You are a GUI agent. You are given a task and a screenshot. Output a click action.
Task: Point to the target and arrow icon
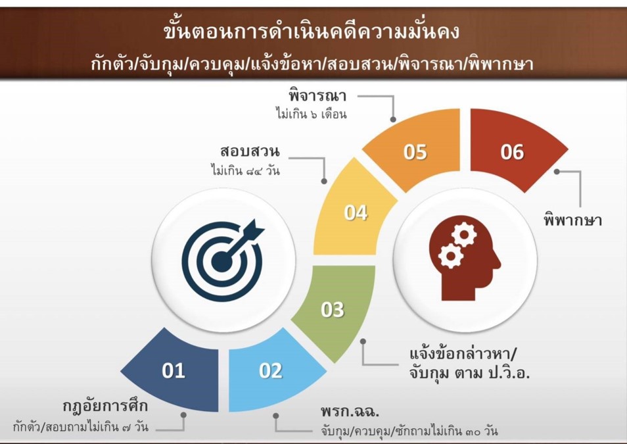click(223, 260)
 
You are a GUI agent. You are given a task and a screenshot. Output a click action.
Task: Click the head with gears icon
click(465, 261)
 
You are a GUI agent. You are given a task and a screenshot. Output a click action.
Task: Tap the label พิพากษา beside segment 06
click(572, 220)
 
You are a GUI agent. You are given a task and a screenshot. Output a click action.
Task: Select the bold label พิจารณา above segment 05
click(317, 96)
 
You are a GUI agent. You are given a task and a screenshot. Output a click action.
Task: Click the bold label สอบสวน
click(250, 152)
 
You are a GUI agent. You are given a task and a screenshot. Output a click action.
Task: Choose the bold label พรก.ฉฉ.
click(350, 411)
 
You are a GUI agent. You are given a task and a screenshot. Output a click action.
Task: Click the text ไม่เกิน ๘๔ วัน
click(246, 171)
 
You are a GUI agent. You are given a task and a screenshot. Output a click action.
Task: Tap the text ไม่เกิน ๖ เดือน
click(312, 114)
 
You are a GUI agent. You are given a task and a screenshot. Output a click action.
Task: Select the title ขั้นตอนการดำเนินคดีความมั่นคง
click(312, 31)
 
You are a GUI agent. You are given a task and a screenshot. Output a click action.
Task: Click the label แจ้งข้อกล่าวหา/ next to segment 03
click(463, 354)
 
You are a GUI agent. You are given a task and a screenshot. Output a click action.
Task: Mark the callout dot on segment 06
click(557, 172)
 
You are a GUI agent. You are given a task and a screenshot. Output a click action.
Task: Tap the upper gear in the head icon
click(464, 235)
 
